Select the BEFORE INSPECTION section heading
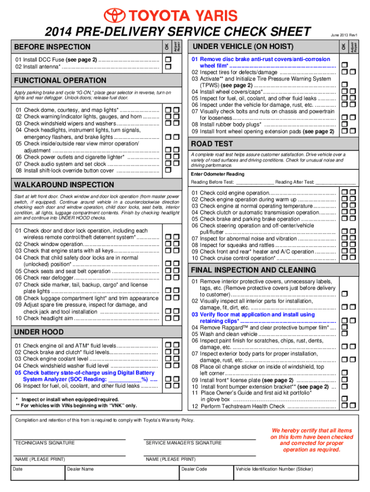(52, 47)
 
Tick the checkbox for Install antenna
(168, 67)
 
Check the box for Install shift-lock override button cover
(168, 170)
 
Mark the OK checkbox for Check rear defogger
(168, 277)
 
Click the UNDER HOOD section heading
(39, 332)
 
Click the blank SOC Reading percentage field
(125, 379)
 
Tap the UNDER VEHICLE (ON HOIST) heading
(243, 46)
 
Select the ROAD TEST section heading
(212, 144)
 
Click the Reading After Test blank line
(335, 182)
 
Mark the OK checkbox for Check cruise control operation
(344, 258)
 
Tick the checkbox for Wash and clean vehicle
(344, 334)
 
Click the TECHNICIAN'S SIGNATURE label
(45, 443)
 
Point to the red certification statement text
(312, 440)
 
